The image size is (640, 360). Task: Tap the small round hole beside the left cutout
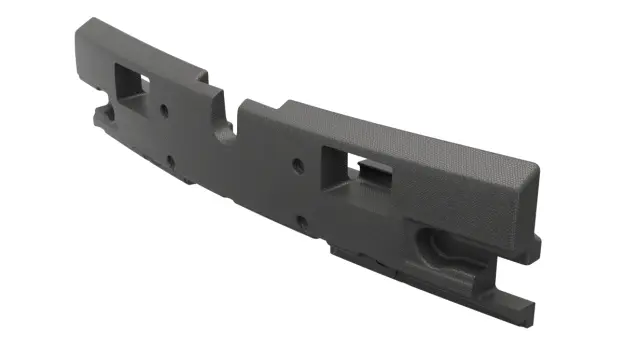point(163,107)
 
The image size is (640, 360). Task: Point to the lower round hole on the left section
point(170,160)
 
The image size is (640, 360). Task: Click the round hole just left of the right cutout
point(297,166)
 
